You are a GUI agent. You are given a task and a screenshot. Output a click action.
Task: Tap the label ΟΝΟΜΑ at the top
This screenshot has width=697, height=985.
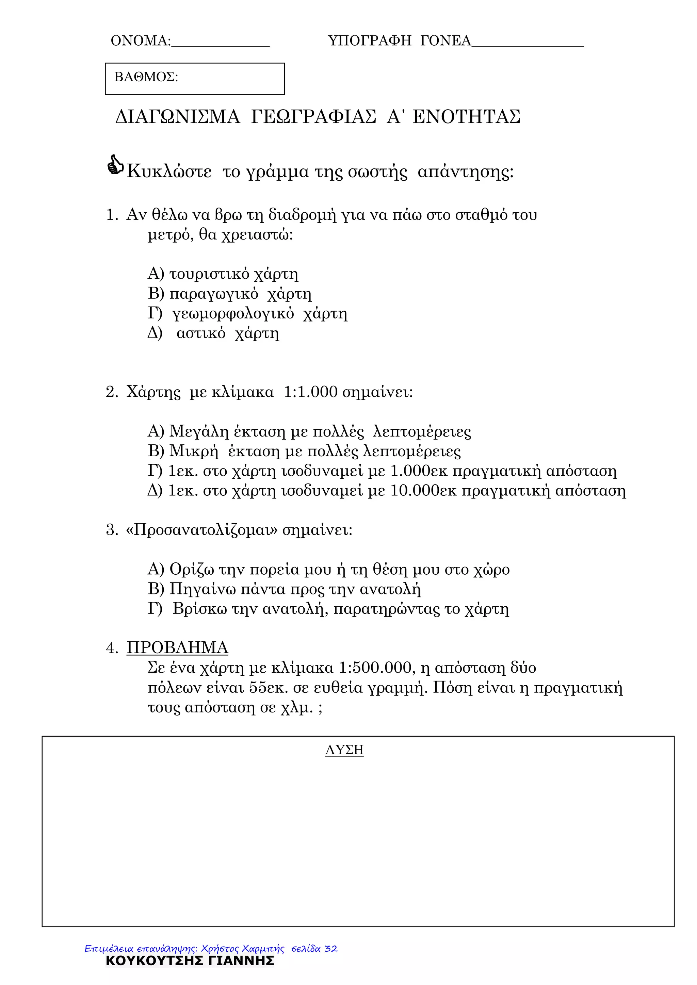pyautogui.click(x=140, y=41)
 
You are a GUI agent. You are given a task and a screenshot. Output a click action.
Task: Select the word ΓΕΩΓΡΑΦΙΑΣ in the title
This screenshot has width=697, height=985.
pyautogui.click(x=313, y=117)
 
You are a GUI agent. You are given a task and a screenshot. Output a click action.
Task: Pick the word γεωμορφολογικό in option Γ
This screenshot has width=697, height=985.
pyautogui.click(x=233, y=314)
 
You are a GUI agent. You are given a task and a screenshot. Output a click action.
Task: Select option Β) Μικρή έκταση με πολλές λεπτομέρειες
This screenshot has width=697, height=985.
pyautogui.click(x=304, y=451)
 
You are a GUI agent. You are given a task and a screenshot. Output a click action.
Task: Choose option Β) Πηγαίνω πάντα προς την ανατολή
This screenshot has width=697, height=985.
pyautogui.click(x=284, y=589)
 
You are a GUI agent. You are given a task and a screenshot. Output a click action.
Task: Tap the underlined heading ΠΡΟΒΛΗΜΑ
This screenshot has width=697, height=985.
pyautogui.click(x=177, y=648)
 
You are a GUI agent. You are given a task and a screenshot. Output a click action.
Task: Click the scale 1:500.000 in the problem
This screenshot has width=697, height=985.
pyautogui.click(x=375, y=668)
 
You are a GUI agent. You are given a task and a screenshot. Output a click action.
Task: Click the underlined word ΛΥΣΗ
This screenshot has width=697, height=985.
pyautogui.click(x=344, y=750)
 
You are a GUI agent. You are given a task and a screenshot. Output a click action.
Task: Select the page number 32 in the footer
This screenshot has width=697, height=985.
pyautogui.click(x=331, y=949)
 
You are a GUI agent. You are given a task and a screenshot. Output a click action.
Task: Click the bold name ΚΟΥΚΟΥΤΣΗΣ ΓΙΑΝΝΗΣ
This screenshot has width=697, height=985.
pyautogui.click(x=190, y=961)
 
